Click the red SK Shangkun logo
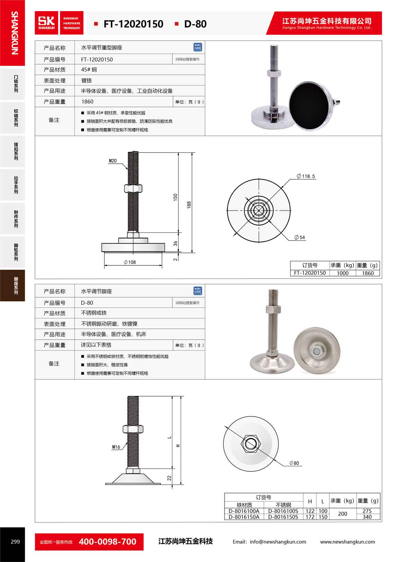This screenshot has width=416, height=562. [x=46, y=23]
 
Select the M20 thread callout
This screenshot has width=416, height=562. [x=113, y=161]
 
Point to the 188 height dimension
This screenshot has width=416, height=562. [x=189, y=205]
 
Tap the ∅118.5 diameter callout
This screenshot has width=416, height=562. [x=306, y=176]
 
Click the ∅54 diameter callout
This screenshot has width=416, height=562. [x=300, y=237]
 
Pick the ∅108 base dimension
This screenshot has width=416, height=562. [x=130, y=262]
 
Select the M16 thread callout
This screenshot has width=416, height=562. [x=116, y=447]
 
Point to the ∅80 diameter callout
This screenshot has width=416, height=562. [x=294, y=463]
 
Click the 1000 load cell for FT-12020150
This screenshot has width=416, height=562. [x=343, y=273]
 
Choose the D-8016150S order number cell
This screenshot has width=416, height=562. [x=283, y=517]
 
